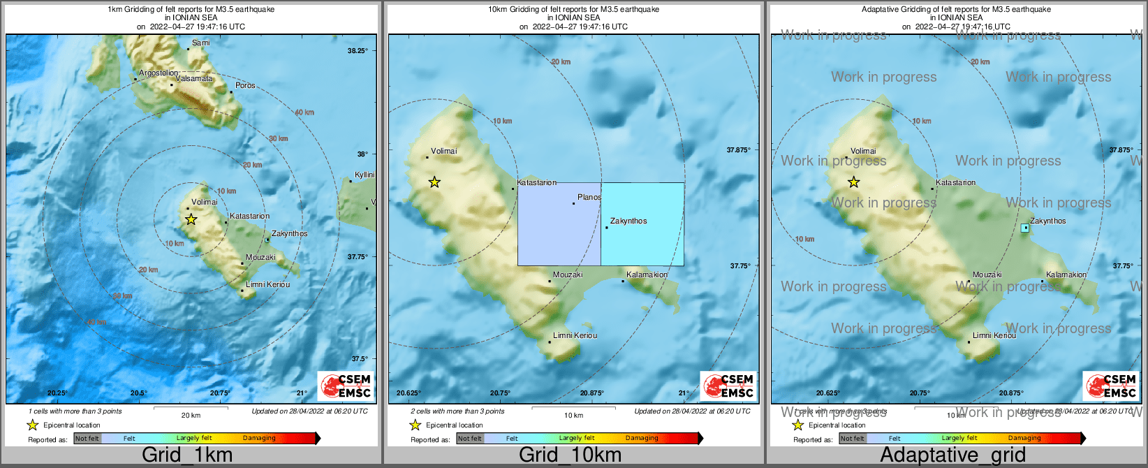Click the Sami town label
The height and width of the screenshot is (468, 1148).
pos(200,43)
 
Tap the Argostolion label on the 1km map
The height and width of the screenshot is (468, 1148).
pos(159,73)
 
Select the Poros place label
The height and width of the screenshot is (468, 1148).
pos(245,86)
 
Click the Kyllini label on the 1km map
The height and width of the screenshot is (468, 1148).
pos(365,175)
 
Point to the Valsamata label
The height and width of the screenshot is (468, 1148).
pos(194,79)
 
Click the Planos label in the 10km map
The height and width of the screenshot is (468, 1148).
pos(589,198)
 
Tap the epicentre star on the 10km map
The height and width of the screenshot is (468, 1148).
pos(434,182)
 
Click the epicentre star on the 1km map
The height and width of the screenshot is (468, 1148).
pos(191,219)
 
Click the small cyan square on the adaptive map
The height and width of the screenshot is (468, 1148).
pos(1025,228)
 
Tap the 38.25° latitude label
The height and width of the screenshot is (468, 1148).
pos(358,51)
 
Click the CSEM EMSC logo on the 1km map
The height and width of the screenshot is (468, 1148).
pos(346,386)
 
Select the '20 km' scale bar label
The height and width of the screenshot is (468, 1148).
pos(191,416)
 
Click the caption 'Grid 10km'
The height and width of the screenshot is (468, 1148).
pos(570,455)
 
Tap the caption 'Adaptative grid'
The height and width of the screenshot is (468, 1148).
pos(952,455)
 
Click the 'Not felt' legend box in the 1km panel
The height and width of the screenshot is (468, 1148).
pos(87,439)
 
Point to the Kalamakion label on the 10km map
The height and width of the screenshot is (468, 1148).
pos(647,275)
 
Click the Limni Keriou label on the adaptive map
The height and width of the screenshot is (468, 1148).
pos(994,336)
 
